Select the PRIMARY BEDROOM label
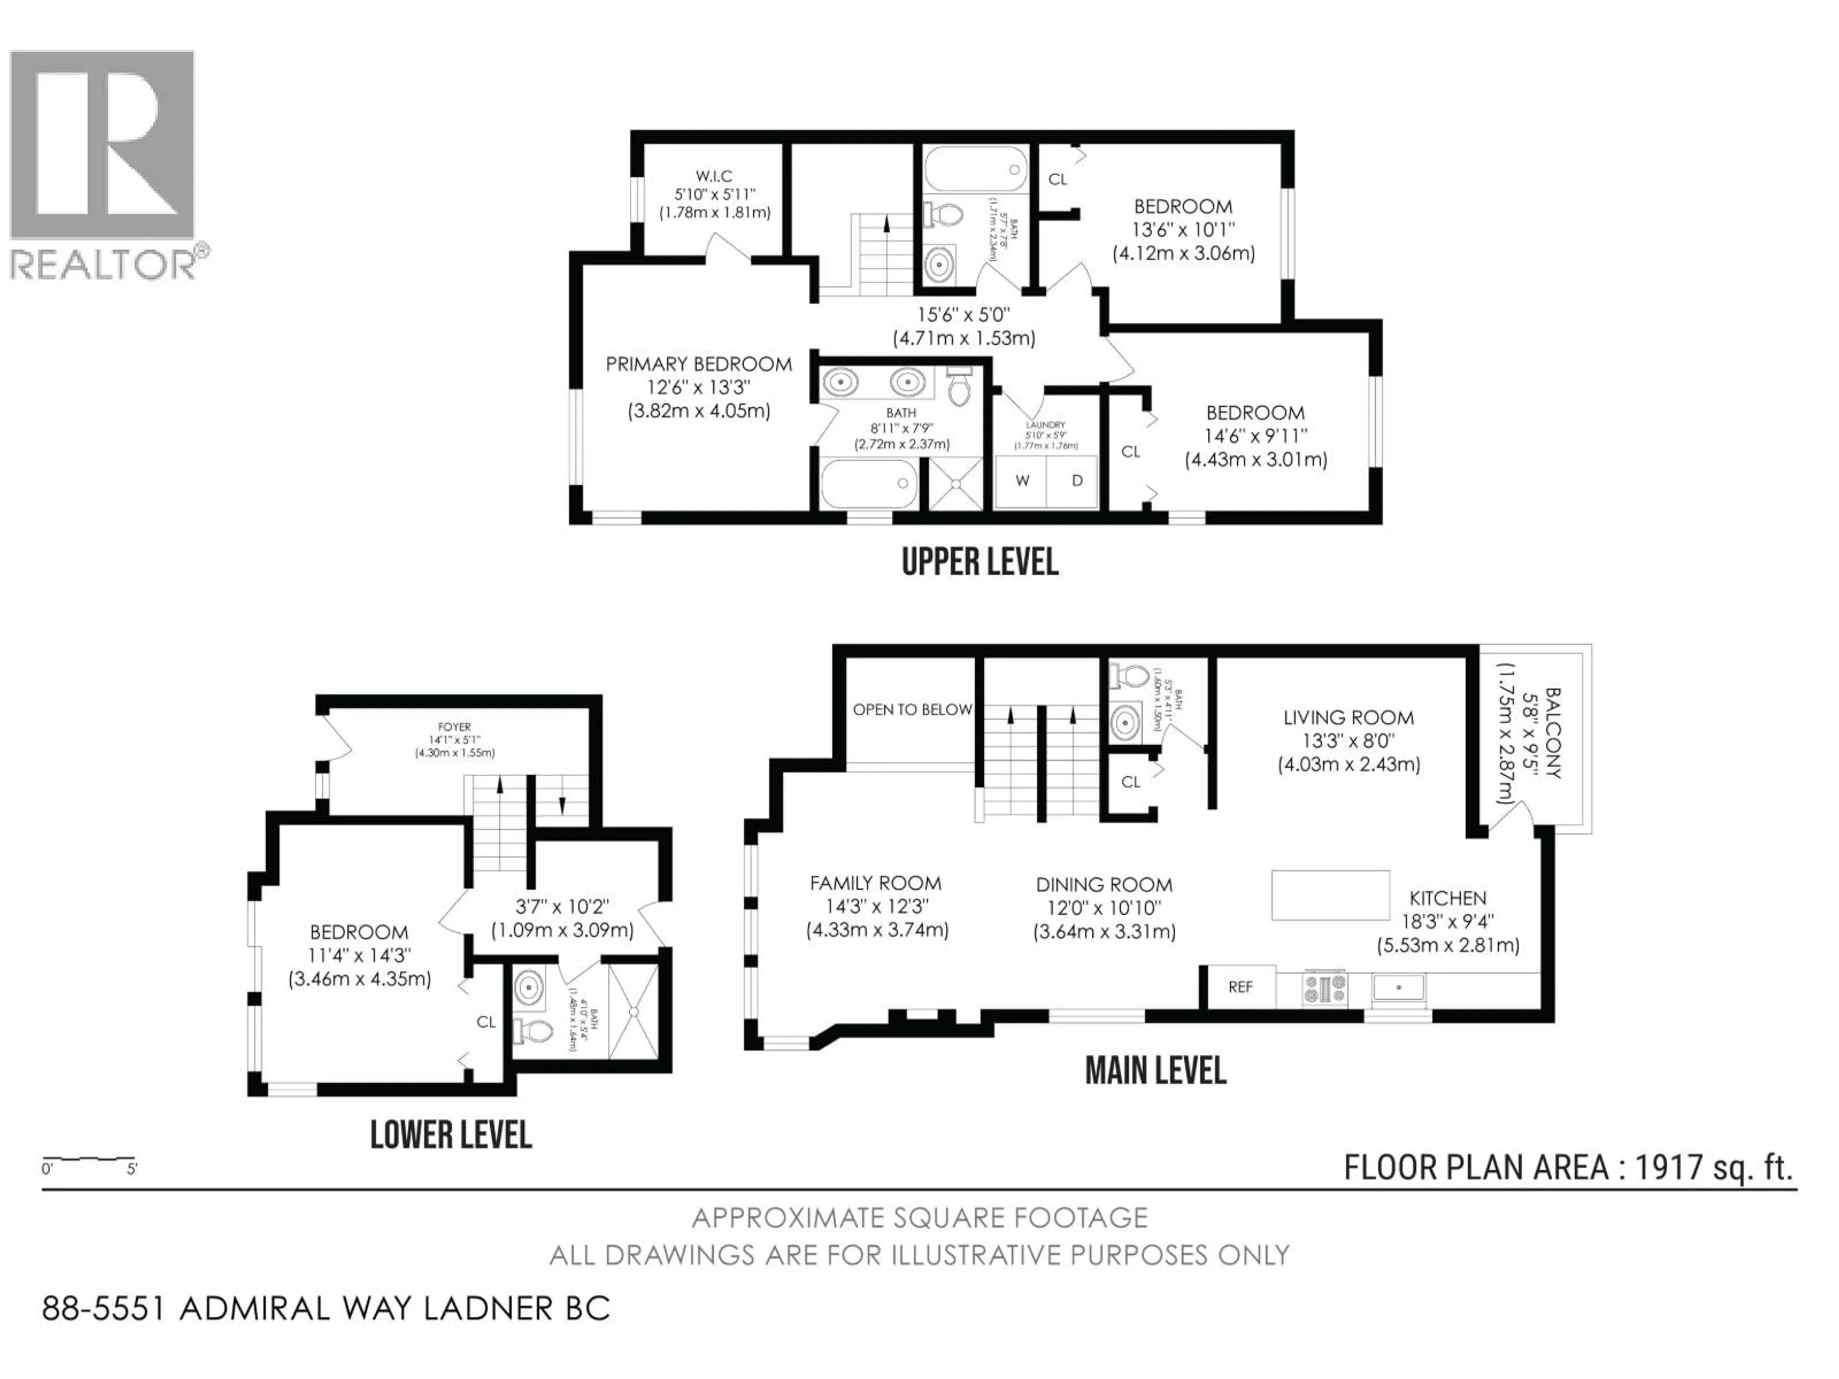tap(698, 364)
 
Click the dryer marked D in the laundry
tap(1077, 480)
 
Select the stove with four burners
tap(1324, 987)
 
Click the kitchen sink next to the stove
tap(1399, 987)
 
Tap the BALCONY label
tap(1551, 732)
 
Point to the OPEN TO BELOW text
tap(912, 709)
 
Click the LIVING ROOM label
tap(1348, 717)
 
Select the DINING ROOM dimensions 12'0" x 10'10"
tap(1104, 908)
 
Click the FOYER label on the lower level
tap(455, 726)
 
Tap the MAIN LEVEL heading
tap(1156, 1071)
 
